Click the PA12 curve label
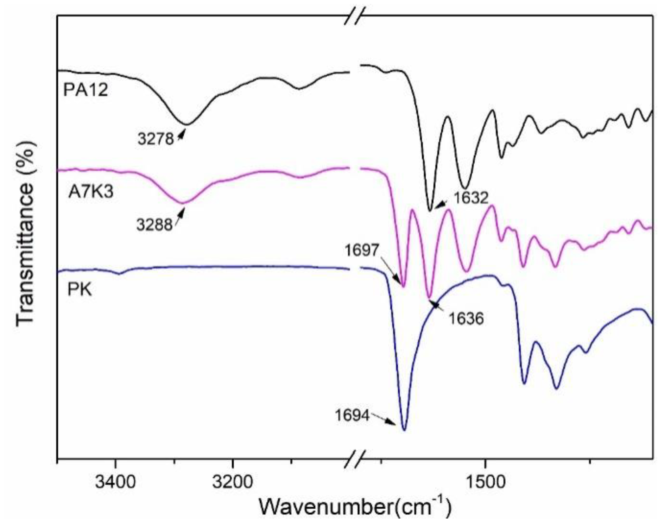click(x=86, y=90)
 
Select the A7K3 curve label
click(x=91, y=192)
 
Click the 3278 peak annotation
click(x=156, y=139)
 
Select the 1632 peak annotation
click(x=470, y=198)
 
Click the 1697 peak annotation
click(x=361, y=250)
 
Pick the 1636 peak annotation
click(x=466, y=318)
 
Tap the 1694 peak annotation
click(x=352, y=416)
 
